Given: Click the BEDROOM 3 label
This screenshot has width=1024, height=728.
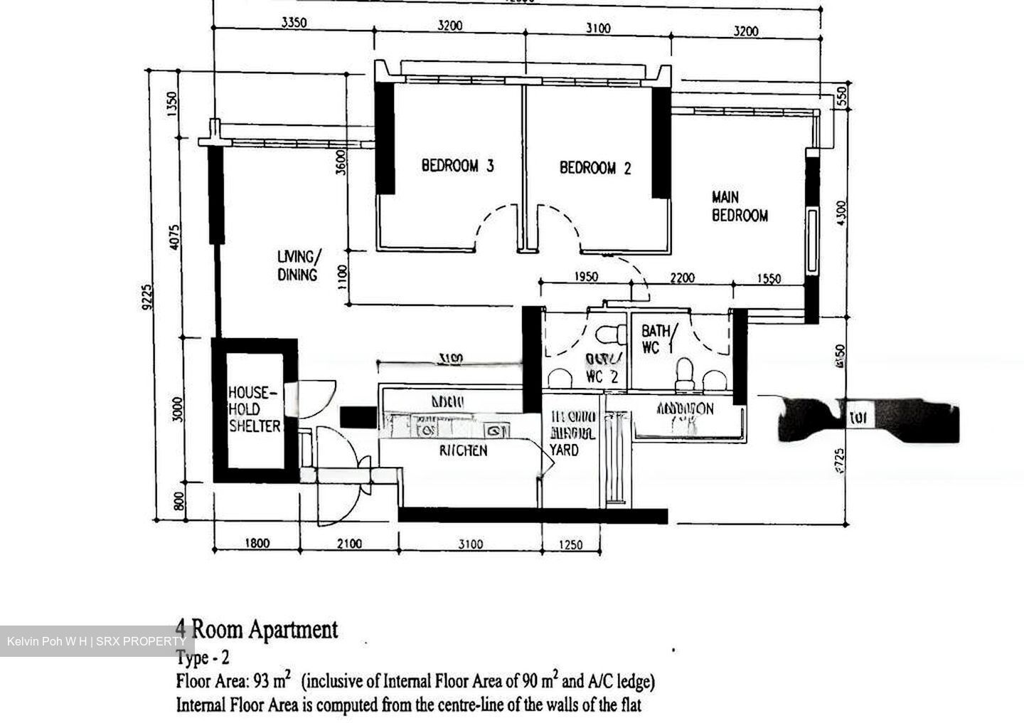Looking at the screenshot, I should click(x=457, y=166).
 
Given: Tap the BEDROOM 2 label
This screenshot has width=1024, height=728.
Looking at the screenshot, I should click(x=594, y=168).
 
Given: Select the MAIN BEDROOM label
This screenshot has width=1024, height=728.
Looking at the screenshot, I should click(x=740, y=206).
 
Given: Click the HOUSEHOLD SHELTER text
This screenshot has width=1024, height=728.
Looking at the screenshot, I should click(x=254, y=409).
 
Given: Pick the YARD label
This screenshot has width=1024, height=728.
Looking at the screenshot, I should click(x=564, y=450).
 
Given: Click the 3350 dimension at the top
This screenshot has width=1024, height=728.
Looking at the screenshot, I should click(x=294, y=23).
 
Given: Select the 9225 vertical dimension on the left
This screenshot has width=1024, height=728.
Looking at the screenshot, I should click(x=147, y=297).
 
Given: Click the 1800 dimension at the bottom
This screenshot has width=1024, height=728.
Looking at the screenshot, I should click(x=257, y=544).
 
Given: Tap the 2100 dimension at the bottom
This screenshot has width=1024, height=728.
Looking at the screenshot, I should click(x=348, y=544).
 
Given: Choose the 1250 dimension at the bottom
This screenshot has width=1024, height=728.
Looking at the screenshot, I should click(x=570, y=545).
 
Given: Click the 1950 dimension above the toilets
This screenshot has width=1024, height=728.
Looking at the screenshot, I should click(x=585, y=277).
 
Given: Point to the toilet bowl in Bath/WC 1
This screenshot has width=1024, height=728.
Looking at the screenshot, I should click(x=684, y=373).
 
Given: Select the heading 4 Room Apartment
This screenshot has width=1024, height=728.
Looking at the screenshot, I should click(x=257, y=629).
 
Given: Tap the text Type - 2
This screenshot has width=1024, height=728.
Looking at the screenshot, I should click(x=203, y=658).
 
